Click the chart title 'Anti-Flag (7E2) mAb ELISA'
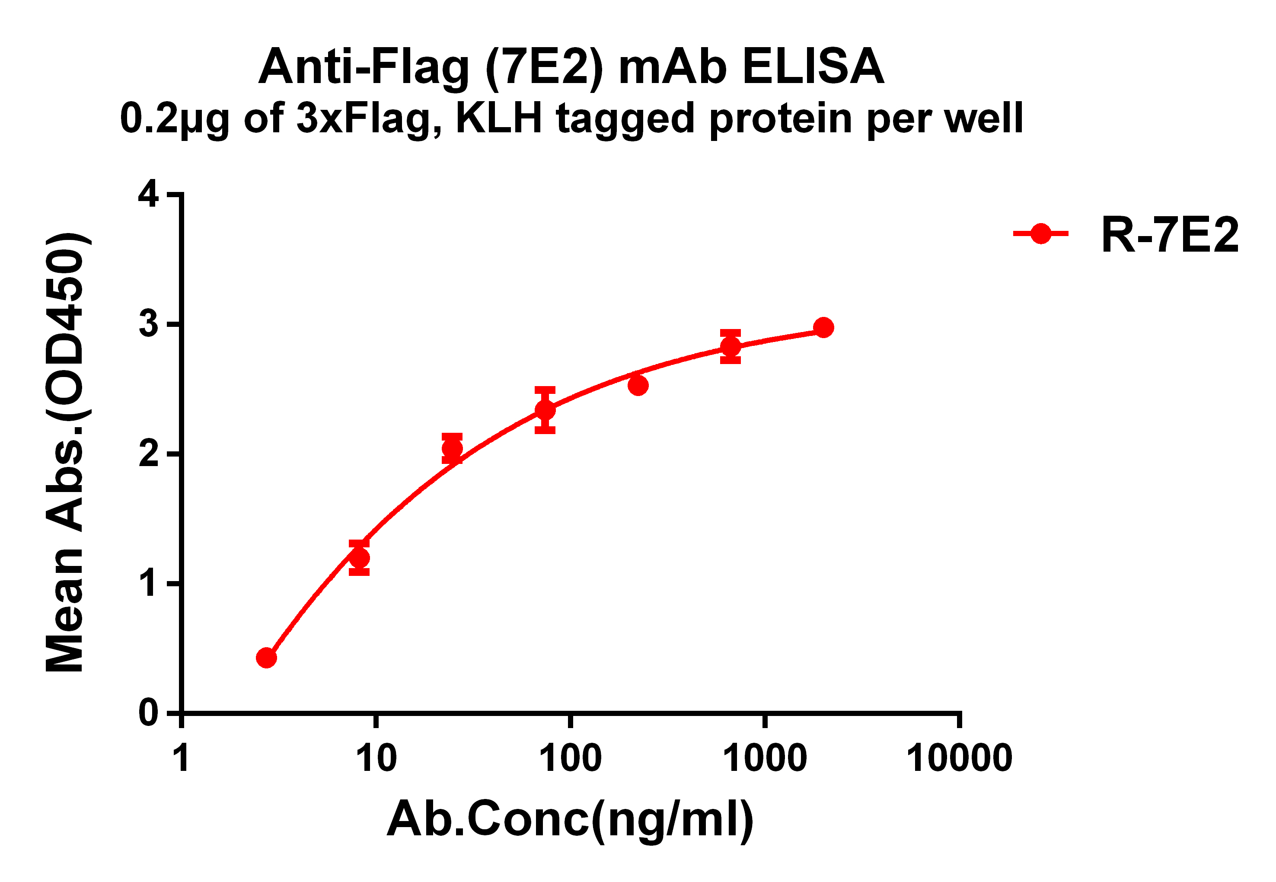(x=571, y=67)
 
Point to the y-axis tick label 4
(x=149, y=195)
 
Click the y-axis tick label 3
(x=149, y=324)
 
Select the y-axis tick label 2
(x=149, y=454)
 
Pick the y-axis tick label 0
(x=149, y=713)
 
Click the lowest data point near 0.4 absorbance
(x=266, y=658)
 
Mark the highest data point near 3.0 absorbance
(x=823, y=328)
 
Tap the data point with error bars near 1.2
(x=359, y=558)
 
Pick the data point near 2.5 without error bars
(x=638, y=386)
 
